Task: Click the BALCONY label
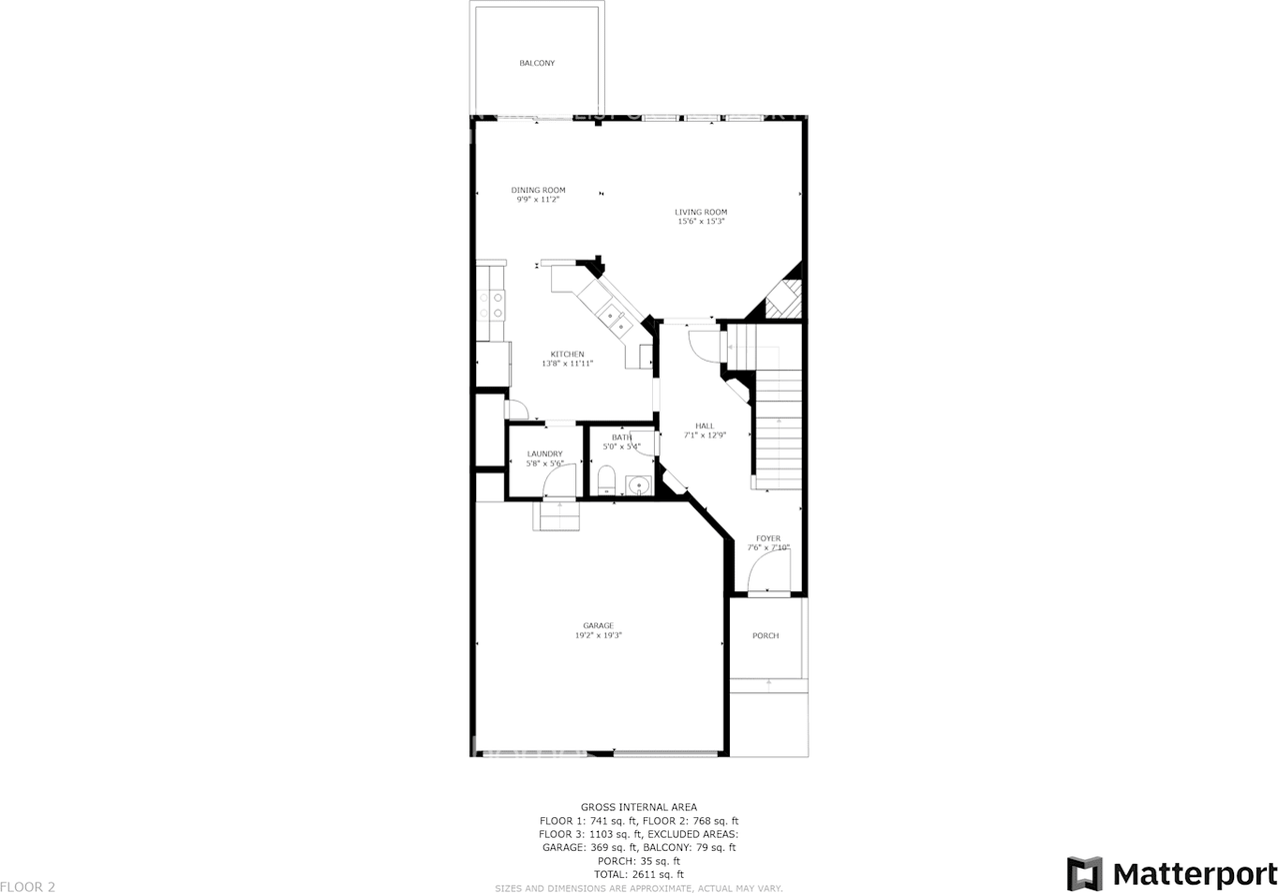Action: (537, 63)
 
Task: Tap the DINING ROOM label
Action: (538, 190)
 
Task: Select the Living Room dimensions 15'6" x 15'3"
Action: (700, 221)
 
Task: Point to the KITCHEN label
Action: (567, 354)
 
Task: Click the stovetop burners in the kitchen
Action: (491, 305)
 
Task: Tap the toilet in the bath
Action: (605, 479)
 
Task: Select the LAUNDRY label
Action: (544, 453)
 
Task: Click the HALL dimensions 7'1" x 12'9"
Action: (705, 435)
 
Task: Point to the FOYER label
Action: (768, 538)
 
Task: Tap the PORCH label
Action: (766, 635)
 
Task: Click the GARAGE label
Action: (598, 625)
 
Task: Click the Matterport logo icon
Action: (1084, 873)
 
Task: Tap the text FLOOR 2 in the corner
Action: (28, 885)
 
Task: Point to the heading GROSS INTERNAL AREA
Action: (639, 807)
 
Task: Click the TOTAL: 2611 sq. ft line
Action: (639, 874)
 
